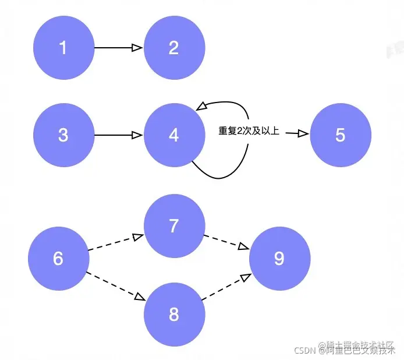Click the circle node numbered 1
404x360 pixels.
coord(63,48)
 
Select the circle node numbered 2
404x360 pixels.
coord(174,48)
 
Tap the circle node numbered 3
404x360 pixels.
coord(63,135)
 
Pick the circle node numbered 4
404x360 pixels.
coord(174,135)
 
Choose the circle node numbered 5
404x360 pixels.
coord(341,135)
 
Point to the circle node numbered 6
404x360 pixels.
coord(58,258)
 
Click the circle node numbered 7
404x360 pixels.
coord(174,226)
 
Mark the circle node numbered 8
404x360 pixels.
coord(174,315)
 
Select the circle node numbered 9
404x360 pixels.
coord(280,258)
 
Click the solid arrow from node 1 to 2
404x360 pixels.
coord(119,48)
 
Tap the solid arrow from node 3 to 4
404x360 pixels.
coord(119,135)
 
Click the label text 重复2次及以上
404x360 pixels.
coord(249,132)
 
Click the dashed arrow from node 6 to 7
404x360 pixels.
coord(115,243)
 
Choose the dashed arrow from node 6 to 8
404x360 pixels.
coord(115,286)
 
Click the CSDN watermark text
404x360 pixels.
coord(304,350)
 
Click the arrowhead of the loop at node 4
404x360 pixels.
coord(201,106)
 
